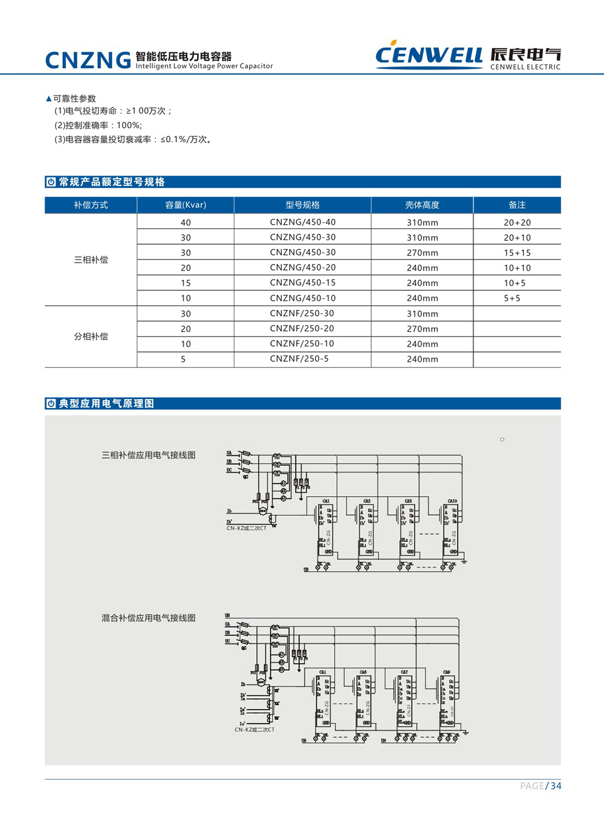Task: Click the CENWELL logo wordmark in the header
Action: click(x=429, y=54)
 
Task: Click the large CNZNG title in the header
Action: click(x=88, y=60)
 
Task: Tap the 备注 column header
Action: click(x=517, y=205)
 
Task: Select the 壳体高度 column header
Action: click(x=422, y=205)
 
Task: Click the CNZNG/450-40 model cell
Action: click(x=303, y=222)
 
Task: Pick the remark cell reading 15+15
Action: click(x=517, y=253)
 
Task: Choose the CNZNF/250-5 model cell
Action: click(x=299, y=359)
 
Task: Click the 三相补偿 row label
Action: click(x=91, y=259)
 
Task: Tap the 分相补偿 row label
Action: click(x=91, y=336)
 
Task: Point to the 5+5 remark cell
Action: click(x=512, y=298)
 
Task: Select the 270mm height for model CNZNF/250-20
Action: click(x=422, y=329)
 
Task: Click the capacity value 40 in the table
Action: click(x=186, y=223)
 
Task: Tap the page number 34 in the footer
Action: click(x=556, y=786)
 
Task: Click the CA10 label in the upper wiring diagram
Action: click(x=452, y=501)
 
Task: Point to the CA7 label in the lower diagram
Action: click(x=404, y=672)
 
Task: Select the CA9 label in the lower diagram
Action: click(x=446, y=672)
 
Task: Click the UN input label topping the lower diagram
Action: click(x=228, y=615)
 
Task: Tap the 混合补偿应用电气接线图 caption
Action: click(x=148, y=618)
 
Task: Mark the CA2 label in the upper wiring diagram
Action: click(x=367, y=501)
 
